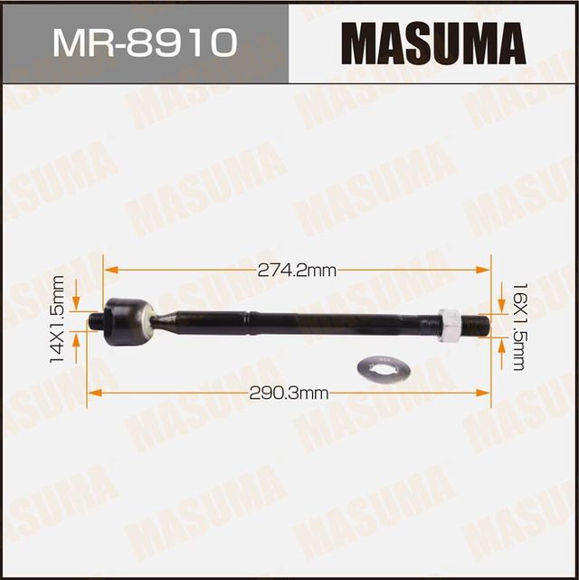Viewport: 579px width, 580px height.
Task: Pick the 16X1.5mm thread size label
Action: (x=517, y=326)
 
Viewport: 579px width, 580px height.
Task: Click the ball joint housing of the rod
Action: (x=126, y=321)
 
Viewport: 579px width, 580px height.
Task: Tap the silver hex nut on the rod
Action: (x=450, y=325)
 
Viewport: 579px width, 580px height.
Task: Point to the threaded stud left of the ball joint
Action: (x=95, y=320)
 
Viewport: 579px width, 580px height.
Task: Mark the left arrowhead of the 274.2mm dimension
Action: (x=108, y=269)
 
